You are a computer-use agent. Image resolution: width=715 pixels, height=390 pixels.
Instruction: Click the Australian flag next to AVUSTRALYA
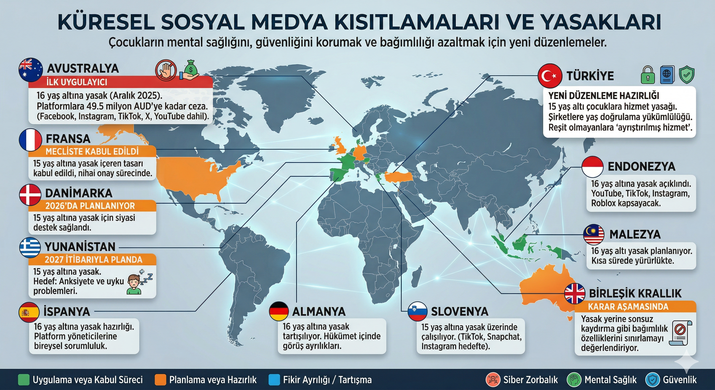tap(30, 70)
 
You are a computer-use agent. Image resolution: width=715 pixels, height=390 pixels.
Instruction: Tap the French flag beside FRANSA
tap(30, 140)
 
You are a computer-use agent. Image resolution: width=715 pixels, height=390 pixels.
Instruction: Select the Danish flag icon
tap(30, 194)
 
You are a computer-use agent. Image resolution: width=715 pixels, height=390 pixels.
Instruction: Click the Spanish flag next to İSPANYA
tap(29, 312)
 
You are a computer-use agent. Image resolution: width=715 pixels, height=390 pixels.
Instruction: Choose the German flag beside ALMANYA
tap(279, 312)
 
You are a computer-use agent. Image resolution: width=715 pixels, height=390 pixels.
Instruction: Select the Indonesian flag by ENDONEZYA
tap(593, 167)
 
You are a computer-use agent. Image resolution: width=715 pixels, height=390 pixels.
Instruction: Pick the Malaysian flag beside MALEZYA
tap(594, 235)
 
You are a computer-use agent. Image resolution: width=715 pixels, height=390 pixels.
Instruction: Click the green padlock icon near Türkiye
tap(648, 75)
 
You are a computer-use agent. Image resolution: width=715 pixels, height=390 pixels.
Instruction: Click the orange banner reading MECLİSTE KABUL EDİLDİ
tap(92, 152)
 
